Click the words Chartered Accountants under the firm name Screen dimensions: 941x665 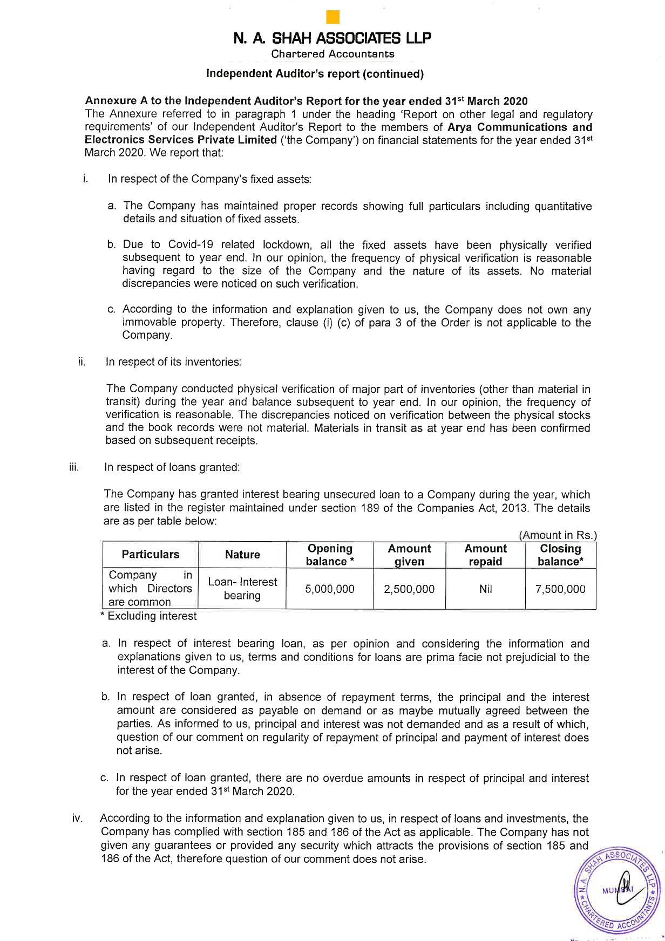(x=332, y=54)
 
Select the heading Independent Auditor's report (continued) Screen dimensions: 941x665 (x=315, y=74)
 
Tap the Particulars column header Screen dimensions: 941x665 (x=151, y=555)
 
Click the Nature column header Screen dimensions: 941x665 (x=242, y=555)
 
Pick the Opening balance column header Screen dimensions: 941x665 (x=330, y=555)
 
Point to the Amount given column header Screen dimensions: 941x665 (x=409, y=555)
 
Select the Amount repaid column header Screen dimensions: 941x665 (x=485, y=555)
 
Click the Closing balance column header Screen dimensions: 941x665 (x=560, y=555)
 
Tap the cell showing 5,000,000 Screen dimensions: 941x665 (x=330, y=589)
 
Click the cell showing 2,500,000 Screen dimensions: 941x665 (x=409, y=589)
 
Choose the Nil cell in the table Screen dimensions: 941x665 (x=485, y=589)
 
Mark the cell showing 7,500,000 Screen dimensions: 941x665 (x=560, y=589)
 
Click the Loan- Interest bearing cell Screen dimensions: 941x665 (x=242, y=589)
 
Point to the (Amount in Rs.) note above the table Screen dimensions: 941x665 (x=558, y=535)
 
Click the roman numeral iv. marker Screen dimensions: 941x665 (x=77, y=819)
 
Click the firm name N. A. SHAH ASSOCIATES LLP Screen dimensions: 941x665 (x=332, y=38)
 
